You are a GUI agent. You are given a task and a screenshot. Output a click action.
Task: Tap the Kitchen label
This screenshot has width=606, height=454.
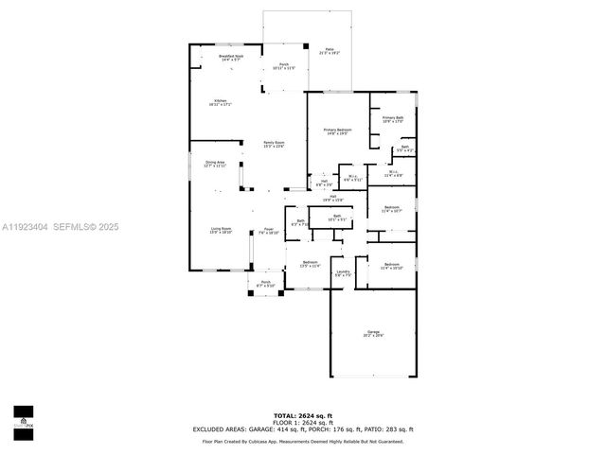220,101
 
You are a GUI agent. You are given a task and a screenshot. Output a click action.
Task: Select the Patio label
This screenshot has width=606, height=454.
330,50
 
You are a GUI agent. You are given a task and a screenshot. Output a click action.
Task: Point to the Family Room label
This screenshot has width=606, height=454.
274,143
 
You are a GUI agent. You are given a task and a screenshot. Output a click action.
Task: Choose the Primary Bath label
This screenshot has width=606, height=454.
393,119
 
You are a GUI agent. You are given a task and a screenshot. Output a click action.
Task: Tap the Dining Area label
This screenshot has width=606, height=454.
215,163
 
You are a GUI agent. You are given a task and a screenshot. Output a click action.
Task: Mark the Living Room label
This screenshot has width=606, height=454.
221,230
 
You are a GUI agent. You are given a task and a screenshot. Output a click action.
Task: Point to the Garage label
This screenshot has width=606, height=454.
374,333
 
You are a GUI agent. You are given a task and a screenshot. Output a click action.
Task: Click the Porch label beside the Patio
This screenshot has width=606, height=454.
284,65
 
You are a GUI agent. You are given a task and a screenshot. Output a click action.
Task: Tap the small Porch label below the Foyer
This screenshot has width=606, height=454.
266,283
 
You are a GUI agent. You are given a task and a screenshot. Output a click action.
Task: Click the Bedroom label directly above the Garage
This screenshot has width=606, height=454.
391,266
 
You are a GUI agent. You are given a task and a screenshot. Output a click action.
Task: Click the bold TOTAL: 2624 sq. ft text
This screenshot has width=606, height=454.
303,415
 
